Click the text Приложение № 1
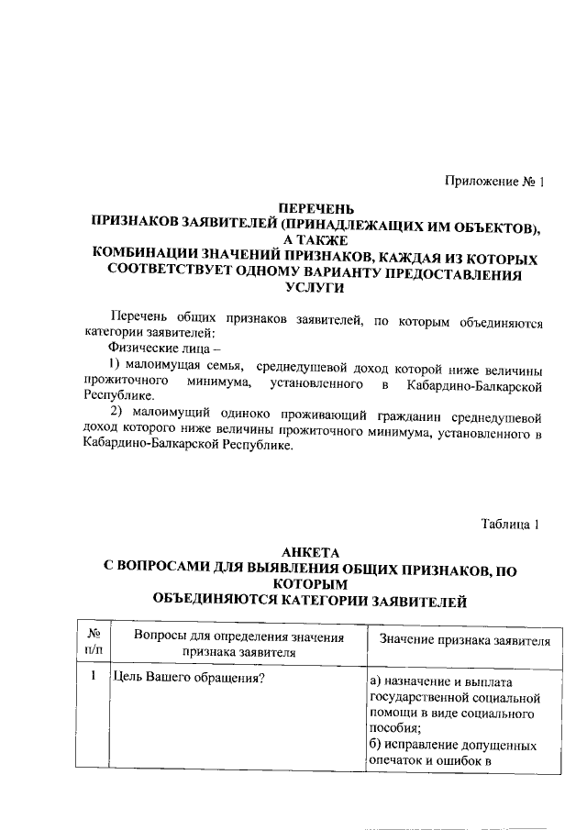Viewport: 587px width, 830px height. (x=495, y=182)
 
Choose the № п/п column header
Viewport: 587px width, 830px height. (x=92, y=643)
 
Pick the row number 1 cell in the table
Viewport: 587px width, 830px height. (x=92, y=677)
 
